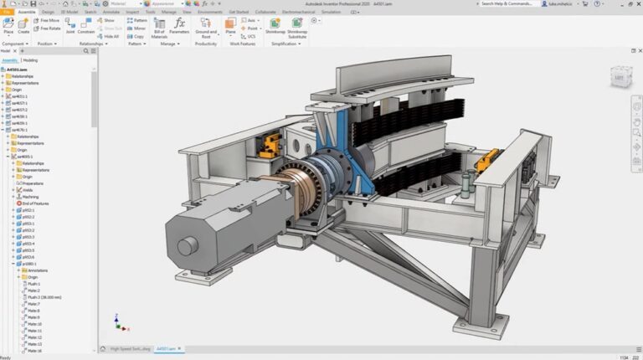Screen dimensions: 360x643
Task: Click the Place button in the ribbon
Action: click(x=8, y=26)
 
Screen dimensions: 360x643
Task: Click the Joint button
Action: click(x=70, y=26)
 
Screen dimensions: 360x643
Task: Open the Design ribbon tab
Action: click(x=48, y=13)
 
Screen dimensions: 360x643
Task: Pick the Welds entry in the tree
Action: click(x=30, y=190)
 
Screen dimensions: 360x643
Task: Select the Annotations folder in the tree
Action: click(x=37, y=270)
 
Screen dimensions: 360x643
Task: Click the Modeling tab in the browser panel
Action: click(x=30, y=60)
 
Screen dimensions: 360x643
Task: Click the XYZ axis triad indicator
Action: click(x=118, y=323)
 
